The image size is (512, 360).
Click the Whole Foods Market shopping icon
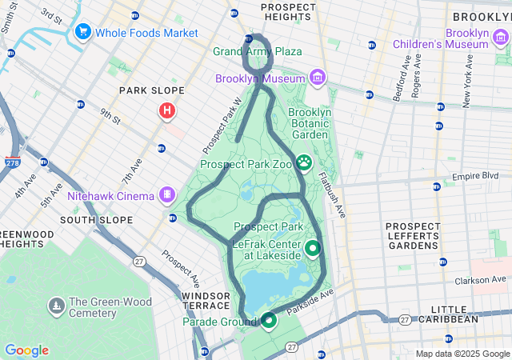(x=82, y=32)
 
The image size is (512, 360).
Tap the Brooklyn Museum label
(x=260, y=78)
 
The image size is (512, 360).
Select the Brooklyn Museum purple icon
(x=318, y=78)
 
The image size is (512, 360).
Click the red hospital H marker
(x=167, y=110)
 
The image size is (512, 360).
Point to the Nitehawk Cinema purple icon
(x=166, y=194)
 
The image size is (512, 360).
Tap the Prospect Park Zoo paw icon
(x=305, y=163)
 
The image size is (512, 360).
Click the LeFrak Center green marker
(x=311, y=248)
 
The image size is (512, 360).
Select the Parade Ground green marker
(x=268, y=321)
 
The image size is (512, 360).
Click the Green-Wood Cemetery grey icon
(x=56, y=306)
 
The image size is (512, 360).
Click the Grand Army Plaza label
(x=258, y=51)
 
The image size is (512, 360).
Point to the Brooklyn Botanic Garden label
(x=309, y=124)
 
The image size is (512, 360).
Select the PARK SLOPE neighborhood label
(x=152, y=91)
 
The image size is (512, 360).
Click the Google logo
(x=26, y=350)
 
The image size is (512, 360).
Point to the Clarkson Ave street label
(x=481, y=280)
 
